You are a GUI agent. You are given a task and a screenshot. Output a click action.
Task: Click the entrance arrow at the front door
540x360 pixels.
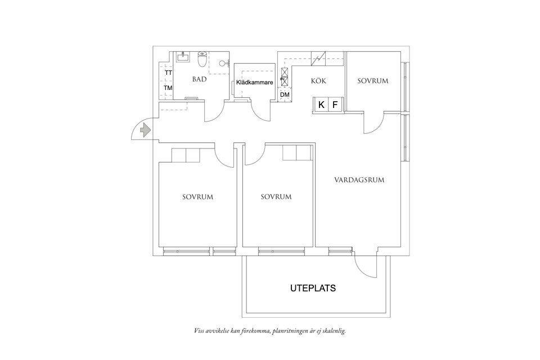[x=145, y=130]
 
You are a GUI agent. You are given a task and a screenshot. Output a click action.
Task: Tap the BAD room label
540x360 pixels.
[x=199, y=79]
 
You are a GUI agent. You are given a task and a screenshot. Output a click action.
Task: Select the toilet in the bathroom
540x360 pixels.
[x=202, y=58]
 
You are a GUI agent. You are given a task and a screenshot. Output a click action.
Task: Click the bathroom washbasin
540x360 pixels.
[x=183, y=56]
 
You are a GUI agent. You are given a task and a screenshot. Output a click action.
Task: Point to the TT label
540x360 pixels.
[x=168, y=73]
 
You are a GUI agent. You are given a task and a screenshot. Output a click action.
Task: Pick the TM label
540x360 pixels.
[x=168, y=88]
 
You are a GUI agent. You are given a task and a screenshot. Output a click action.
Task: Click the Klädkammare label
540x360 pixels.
[x=255, y=83]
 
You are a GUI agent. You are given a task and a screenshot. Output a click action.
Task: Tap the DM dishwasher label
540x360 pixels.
[x=285, y=95]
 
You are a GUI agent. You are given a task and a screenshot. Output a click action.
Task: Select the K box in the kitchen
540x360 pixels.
[x=321, y=105]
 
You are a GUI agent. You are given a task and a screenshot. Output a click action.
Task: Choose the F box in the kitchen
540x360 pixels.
[x=335, y=105]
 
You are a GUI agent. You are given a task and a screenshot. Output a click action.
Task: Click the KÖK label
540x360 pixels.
[x=318, y=81]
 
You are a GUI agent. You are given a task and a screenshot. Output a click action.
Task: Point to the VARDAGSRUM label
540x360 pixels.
[x=359, y=181]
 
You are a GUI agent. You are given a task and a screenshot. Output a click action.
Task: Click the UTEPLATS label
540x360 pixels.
[x=313, y=288]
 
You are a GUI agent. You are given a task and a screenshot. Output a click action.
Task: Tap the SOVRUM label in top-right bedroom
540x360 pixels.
[x=373, y=81]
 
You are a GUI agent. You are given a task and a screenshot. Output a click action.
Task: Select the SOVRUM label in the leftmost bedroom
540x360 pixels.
[x=197, y=197]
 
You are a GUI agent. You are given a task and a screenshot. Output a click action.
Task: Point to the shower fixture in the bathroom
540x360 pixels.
[x=224, y=63]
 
